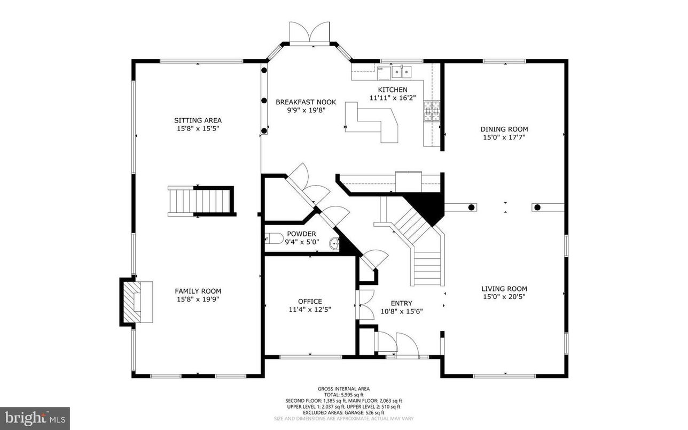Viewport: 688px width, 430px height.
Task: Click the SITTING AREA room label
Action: [x=198, y=120]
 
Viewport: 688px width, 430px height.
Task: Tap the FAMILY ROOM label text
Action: [x=198, y=291]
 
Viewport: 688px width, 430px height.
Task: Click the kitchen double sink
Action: [x=402, y=71]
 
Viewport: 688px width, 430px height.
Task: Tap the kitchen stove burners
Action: [x=431, y=110]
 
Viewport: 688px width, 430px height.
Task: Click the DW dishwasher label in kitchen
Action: [x=381, y=69]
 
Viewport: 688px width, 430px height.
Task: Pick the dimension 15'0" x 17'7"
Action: [x=504, y=137]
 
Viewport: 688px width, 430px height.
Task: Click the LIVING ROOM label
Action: [x=504, y=288]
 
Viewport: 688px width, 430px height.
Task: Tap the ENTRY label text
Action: [x=401, y=303]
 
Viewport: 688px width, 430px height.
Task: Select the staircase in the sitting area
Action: [x=200, y=201]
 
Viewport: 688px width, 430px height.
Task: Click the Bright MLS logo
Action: [x=35, y=418]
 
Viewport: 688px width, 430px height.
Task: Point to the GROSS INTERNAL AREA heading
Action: [x=343, y=389]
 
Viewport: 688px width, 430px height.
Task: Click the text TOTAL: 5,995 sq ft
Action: [x=343, y=395]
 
